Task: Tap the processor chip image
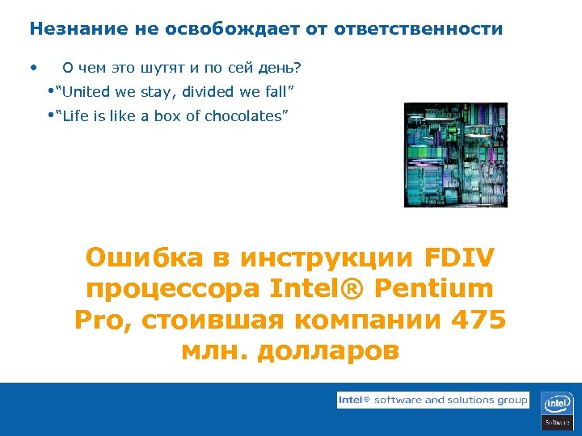click(x=455, y=155)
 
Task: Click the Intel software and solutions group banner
click(x=432, y=400)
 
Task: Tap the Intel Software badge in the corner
click(x=557, y=409)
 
